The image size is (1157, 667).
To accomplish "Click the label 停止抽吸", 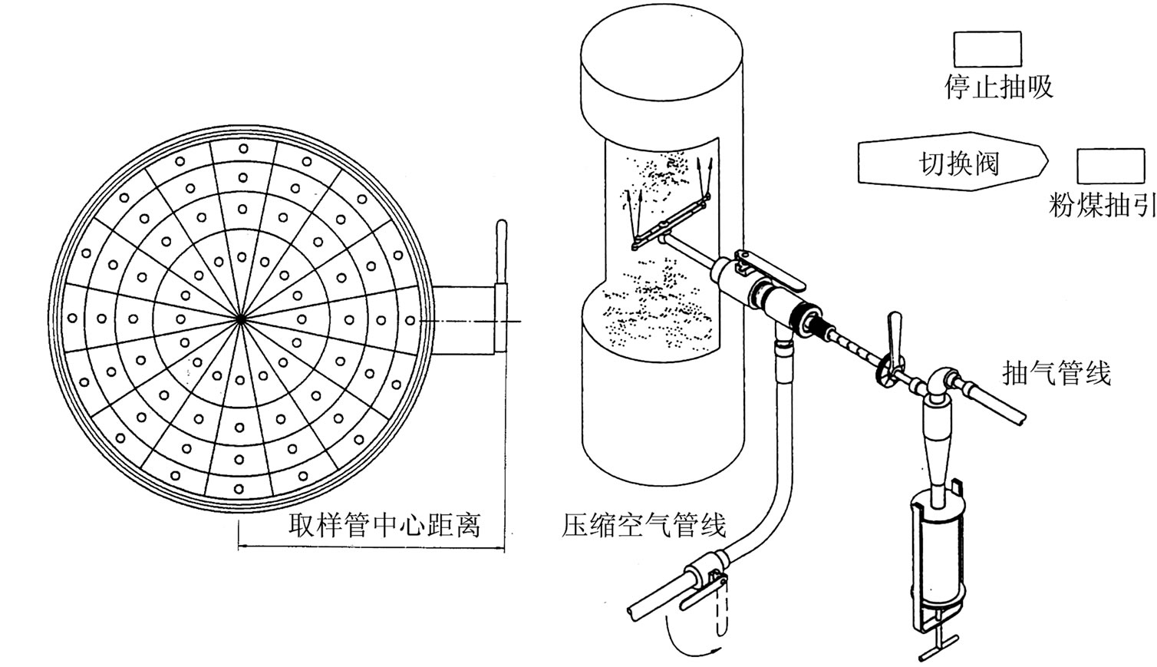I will coord(998,87).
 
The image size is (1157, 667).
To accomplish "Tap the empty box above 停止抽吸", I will coord(987,49).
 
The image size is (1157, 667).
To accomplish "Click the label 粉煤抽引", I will coord(1103,205).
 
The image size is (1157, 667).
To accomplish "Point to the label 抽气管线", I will coord(1056,374).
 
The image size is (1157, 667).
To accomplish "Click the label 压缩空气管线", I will coord(644,526).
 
